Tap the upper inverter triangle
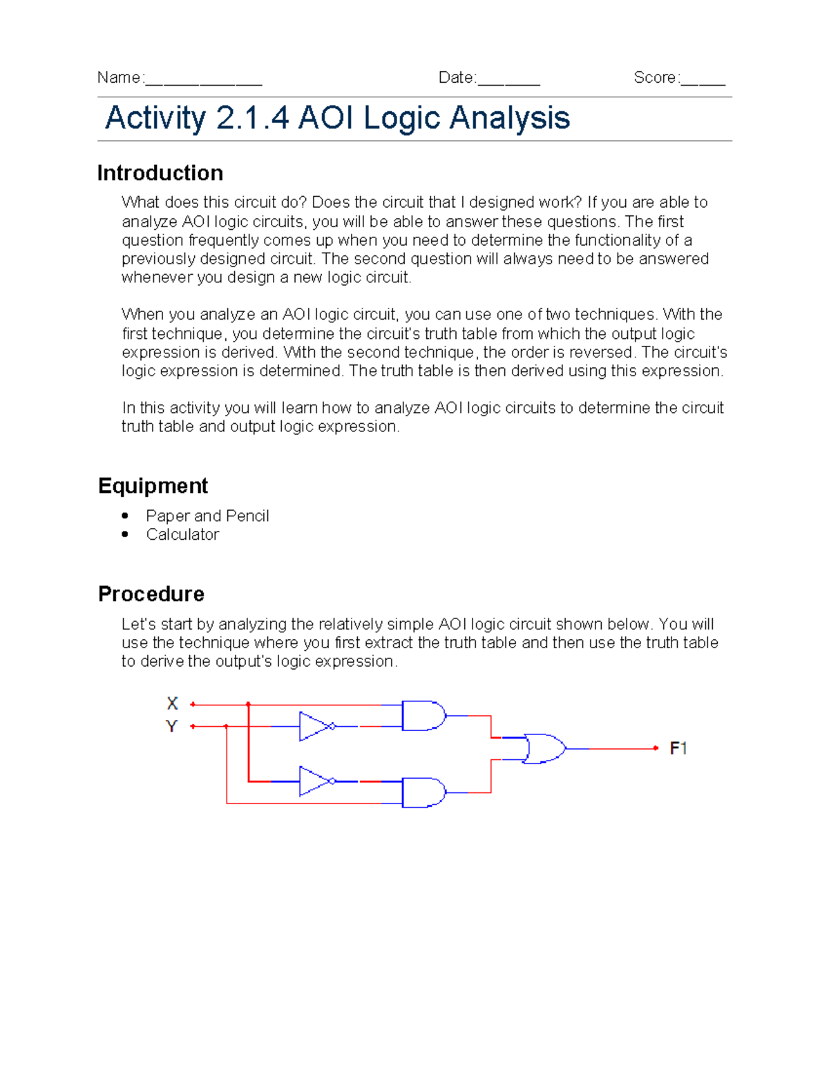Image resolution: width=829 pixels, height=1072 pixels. pyautogui.click(x=314, y=726)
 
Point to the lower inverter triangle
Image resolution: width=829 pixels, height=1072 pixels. pyautogui.click(x=314, y=781)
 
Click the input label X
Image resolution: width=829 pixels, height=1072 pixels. pyautogui.click(x=172, y=703)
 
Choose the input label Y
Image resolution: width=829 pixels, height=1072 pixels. pyautogui.click(x=171, y=726)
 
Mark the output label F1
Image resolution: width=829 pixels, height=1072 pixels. pyautogui.click(x=678, y=748)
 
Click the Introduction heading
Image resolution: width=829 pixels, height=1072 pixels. pyautogui.click(x=160, y=173)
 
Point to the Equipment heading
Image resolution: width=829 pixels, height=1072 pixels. pyautogui.click(x=153, y=486)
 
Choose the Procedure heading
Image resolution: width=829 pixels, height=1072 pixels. pyautogui.click(x=151, y=594)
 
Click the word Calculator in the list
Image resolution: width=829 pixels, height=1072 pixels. pyautogui.click(x=182, y=534)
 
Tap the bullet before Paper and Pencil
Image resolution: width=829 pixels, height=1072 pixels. pyautogui.click(x=125, y=516)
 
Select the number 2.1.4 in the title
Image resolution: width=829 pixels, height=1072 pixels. pyautogui.click(x=252, y=118)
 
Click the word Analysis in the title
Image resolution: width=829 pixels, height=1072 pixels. pyautogui.click(x=510, y=118)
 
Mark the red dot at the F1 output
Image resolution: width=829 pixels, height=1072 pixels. pyautogui.click(x=656, y=748)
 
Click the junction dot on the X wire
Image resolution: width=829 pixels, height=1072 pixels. pyautogui.click(x=248, y=705)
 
